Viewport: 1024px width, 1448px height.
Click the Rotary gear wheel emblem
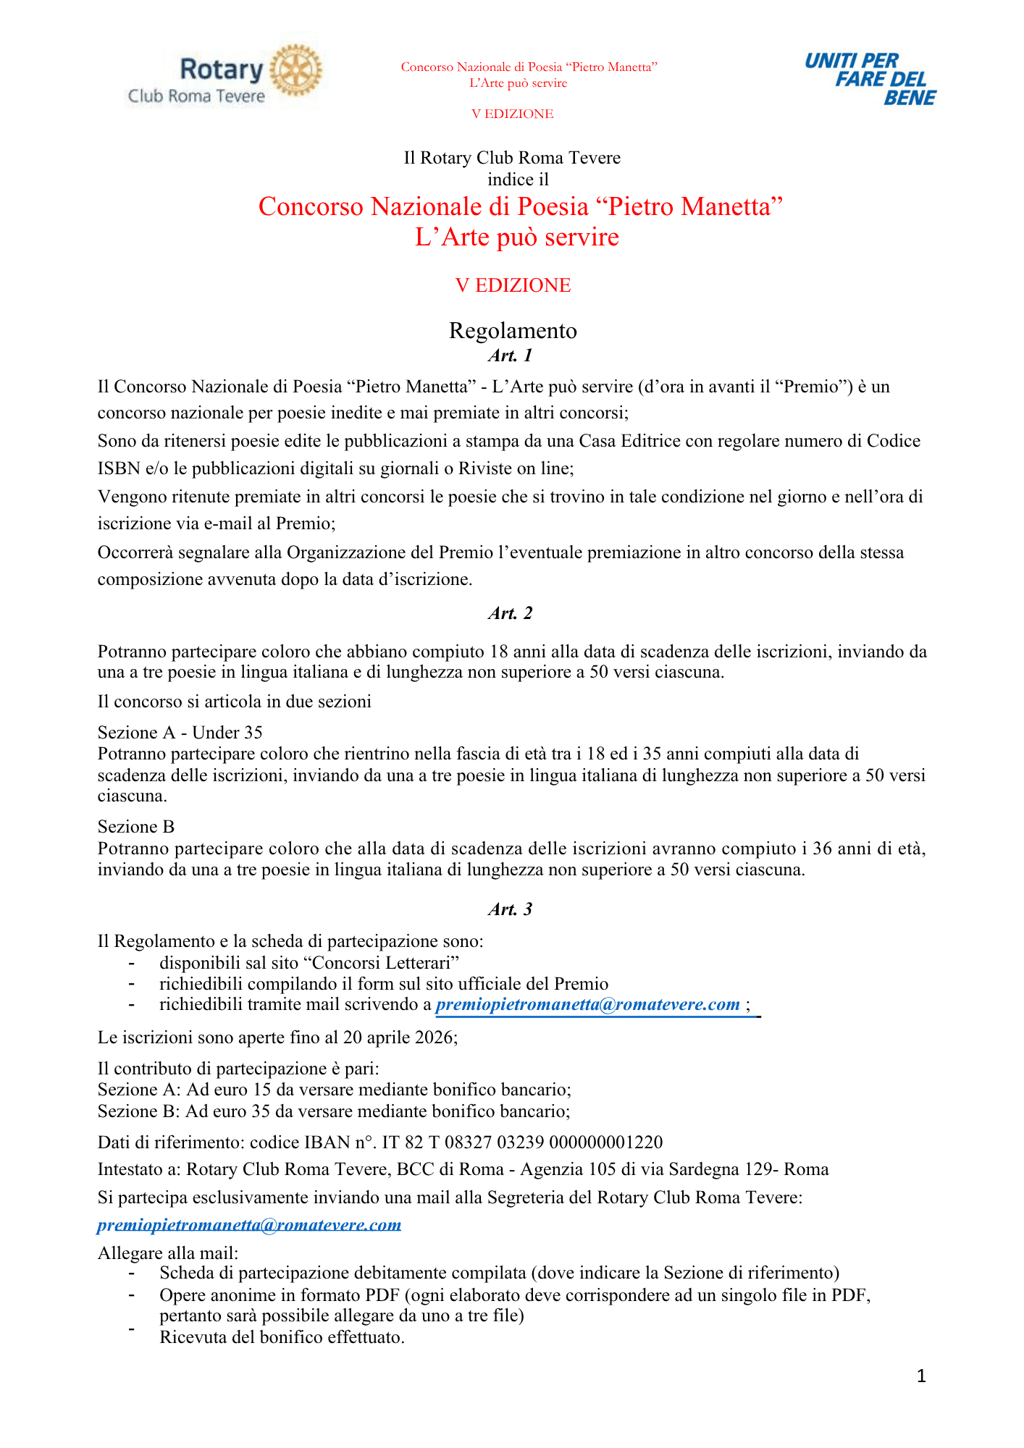295,70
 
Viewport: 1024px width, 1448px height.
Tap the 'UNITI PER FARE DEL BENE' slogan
870,79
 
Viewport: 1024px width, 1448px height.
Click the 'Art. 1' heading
511,355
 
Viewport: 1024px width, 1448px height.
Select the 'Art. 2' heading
511,613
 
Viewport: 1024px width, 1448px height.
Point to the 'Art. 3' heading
511,909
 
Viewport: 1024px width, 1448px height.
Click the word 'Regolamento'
513,331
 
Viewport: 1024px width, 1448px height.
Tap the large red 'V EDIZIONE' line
513,285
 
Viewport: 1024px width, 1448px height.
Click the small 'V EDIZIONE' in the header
513,114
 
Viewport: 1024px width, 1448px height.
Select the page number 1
921,1376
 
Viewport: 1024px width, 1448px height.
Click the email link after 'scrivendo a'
587,1005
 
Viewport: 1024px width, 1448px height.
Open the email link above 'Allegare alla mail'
249,1224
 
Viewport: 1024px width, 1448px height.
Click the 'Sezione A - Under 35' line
180,733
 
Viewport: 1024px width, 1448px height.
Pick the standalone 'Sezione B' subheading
136,827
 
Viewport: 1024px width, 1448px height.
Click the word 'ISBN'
119,468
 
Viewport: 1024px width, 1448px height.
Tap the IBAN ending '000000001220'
606,1142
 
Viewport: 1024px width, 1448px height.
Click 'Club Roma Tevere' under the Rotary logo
196,96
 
